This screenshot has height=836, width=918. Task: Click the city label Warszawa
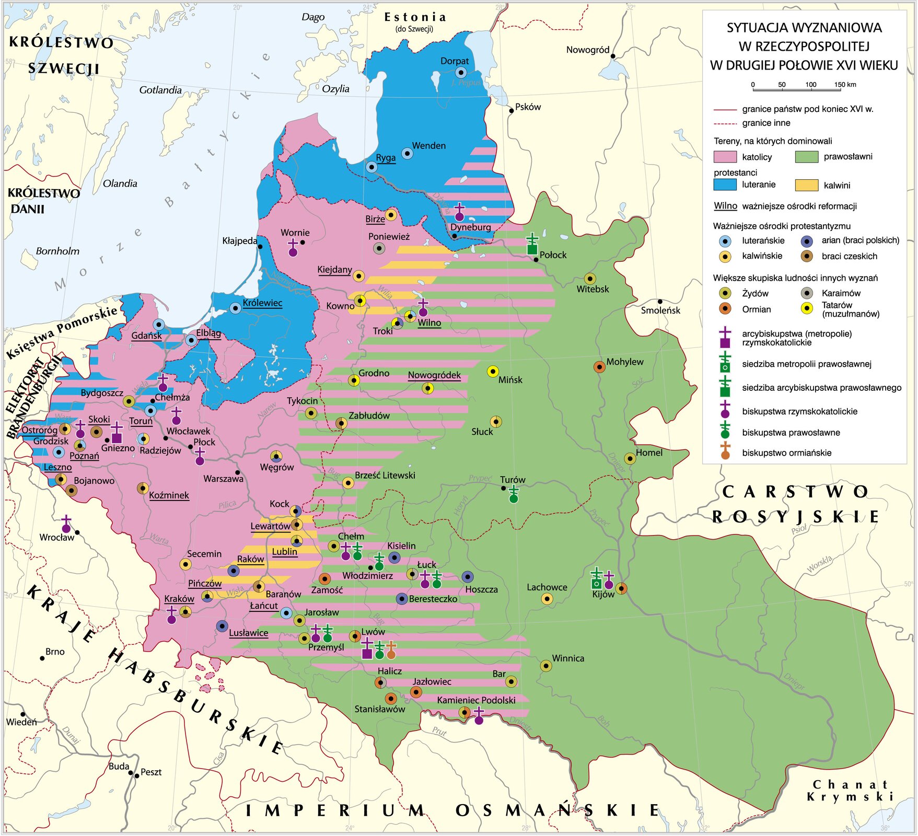223,479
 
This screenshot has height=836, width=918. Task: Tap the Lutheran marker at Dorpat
461,73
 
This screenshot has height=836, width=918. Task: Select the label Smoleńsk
660,310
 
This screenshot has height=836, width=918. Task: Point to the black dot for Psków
512,111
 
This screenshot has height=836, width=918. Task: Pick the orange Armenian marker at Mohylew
599,367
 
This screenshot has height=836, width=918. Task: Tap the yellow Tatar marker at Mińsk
493,371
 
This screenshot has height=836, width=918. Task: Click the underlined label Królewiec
262,303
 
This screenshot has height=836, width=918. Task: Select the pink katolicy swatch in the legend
725,157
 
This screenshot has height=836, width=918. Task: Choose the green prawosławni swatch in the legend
806,157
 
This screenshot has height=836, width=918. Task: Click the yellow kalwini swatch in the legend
806,185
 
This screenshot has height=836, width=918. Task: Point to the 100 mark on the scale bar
811,85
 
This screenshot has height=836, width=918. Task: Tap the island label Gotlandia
160,90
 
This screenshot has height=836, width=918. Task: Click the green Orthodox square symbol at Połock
532,249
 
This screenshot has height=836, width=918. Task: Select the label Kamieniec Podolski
476,700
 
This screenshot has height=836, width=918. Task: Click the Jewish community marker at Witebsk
590,278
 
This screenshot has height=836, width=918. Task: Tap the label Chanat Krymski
850,791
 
